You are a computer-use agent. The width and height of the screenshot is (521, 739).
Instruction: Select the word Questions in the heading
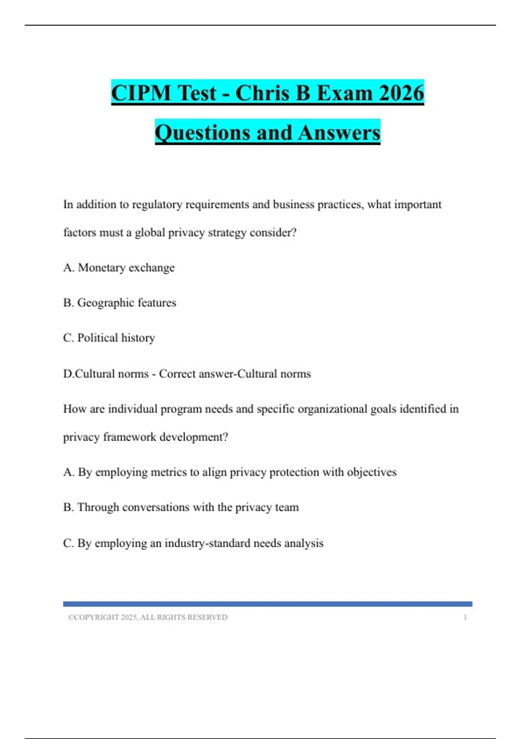(202, 133)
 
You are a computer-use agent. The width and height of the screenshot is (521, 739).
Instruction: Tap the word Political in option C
(98, 338)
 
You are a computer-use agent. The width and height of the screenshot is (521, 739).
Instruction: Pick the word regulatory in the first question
(157, 205)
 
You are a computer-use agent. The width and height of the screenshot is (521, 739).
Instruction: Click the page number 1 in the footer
(465, 617)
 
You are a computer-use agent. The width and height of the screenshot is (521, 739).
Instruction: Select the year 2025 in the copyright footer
(129, 617)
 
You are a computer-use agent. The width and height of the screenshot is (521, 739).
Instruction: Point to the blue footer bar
(267, 604)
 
